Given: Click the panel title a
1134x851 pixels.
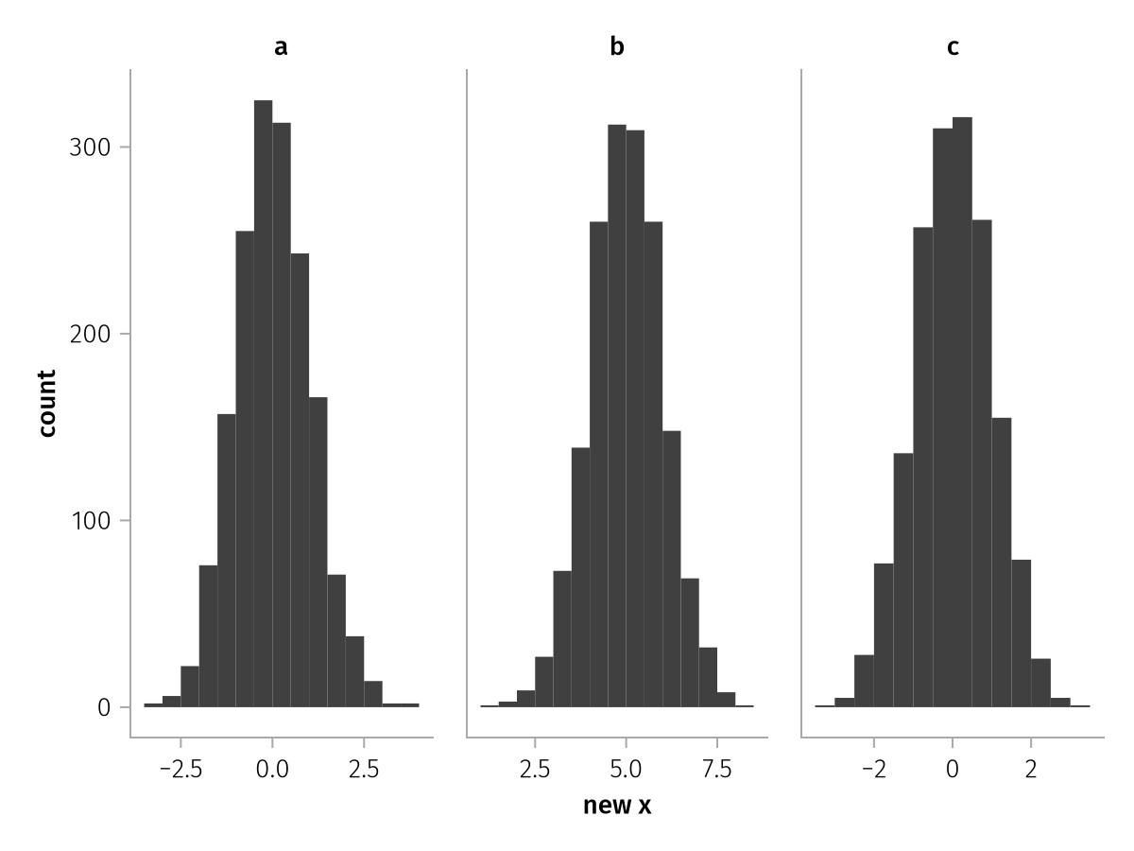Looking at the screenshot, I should [x=281, y=46].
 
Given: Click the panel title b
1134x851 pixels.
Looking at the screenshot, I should [x=617, y=46].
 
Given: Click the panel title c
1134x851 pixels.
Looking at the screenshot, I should [x=953, y=46].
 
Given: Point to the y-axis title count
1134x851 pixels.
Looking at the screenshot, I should [x=47, y=403].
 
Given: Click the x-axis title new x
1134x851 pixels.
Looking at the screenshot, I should [x=617, y=807].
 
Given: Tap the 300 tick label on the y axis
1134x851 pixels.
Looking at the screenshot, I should [x=91, y=148].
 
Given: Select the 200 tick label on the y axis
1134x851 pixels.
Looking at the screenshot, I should [x=91, y=334].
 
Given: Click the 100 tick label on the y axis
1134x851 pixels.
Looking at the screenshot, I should [x=91, y=520].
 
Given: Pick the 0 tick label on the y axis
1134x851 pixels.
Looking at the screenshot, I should [x=104, y=707].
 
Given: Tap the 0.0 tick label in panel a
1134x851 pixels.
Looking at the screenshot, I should [x=272, y=769].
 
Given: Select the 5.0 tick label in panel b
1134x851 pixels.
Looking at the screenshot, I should [x=627, y=769].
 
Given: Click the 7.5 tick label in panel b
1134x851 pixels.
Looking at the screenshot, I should [x=718, y=769].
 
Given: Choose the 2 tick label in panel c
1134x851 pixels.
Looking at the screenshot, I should [x=1031, y=769].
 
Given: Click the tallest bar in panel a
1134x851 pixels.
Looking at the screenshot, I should [x=263, y=407].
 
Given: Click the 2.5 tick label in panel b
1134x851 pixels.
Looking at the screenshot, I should [x=535, y=769].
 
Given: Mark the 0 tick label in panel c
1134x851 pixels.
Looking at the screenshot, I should [x=953, y=769].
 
